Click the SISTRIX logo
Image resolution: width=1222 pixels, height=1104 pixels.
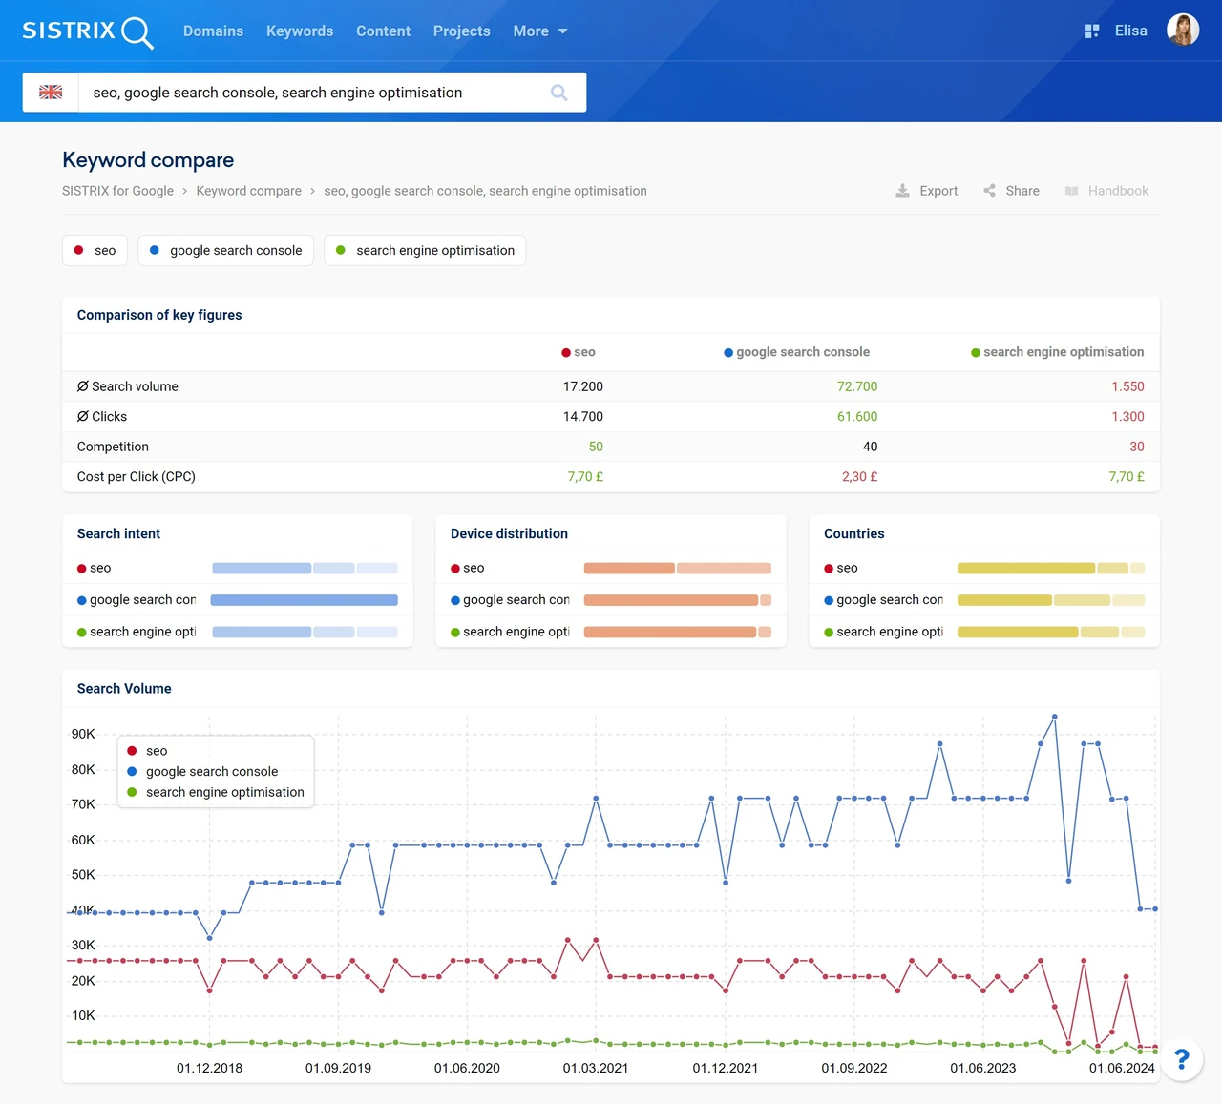tap(88, 31)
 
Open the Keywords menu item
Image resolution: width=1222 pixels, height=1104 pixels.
tap(300, 31)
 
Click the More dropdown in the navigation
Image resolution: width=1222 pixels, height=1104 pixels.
tap(539, 31)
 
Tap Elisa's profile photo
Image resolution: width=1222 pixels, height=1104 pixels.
tap(1183, 30)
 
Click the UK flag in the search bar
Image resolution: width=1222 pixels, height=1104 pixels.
tap(51, 92)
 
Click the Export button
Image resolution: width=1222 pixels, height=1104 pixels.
tap(927, 191)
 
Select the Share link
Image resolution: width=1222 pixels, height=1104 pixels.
tap(1011, 191)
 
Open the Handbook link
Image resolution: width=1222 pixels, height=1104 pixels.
tap(1106, 191)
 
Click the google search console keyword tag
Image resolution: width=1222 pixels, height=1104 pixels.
tap(225, 250)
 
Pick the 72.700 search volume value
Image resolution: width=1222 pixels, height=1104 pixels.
tap(857, 386)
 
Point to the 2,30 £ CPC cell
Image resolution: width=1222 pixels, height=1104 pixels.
tap(859, 476)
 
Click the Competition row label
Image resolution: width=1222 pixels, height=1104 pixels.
tap(113, 447)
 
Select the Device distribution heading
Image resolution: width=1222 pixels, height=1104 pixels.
tap(509, 533)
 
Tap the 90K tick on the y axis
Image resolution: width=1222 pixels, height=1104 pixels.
tap(83, 734)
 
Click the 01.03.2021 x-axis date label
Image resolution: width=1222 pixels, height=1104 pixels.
tap(595, 1068)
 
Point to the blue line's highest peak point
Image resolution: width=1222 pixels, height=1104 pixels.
tap(1055, 717)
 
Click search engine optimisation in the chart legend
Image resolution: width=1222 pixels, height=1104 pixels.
tap(224, 792)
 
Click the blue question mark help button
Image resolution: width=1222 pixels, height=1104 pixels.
tap(1182, 1059)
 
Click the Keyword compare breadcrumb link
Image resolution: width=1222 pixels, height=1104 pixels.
tap(248, 191)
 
